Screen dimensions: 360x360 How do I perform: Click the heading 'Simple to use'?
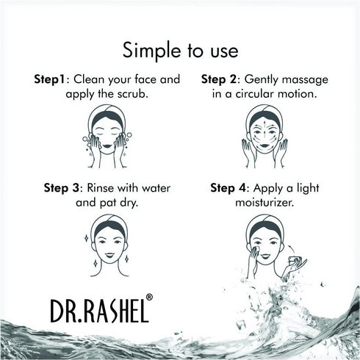point(180,51)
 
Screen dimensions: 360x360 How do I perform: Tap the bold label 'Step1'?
point(49,79)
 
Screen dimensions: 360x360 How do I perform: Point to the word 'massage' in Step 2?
point(303,79)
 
